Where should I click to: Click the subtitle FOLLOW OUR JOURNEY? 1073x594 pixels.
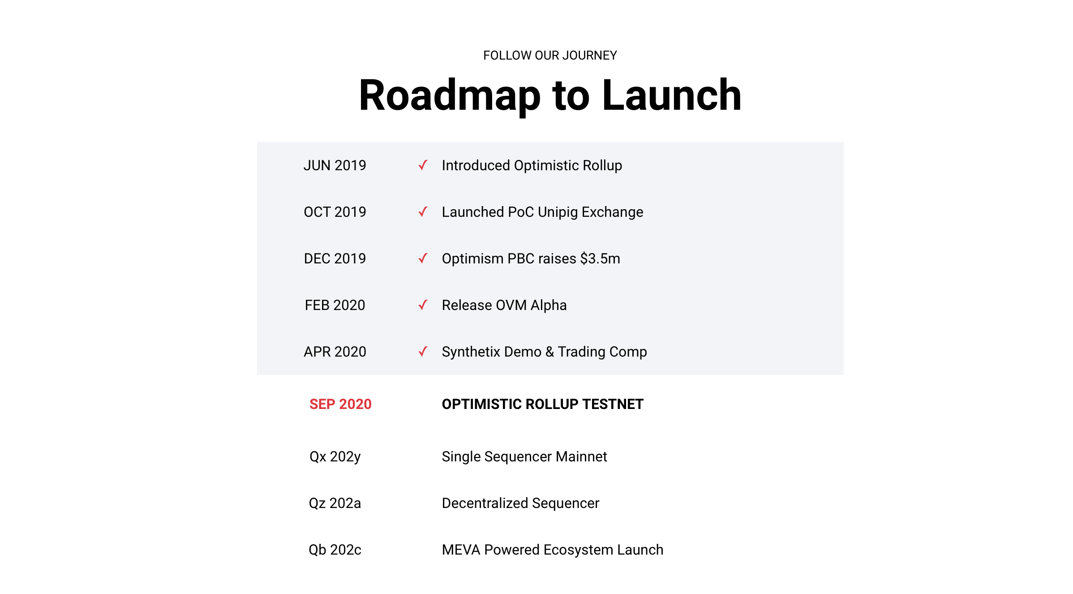coord(550,56)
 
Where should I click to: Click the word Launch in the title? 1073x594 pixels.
coord(672,95)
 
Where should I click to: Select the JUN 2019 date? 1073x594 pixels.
coord(335,165)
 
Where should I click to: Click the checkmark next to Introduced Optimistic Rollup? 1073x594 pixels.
coord(423,165)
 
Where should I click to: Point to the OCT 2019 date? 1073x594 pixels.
coord(335,212)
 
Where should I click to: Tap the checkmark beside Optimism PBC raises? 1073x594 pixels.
coord(423,258)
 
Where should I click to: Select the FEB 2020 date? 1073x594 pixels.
coord(335,305)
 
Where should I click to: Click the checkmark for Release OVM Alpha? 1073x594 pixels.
coord(423,305)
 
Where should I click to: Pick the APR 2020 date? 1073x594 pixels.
coord(335,352)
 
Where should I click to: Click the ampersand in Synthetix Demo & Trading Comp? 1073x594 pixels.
coord(549,352)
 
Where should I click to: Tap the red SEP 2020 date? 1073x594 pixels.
coord(340,404)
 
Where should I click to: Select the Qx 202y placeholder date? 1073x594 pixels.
coord(335,457)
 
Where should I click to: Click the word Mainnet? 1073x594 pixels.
coord(581,456)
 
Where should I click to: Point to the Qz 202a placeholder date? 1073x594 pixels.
coord(335,503)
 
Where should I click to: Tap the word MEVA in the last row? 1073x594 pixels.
coord(461,550)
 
